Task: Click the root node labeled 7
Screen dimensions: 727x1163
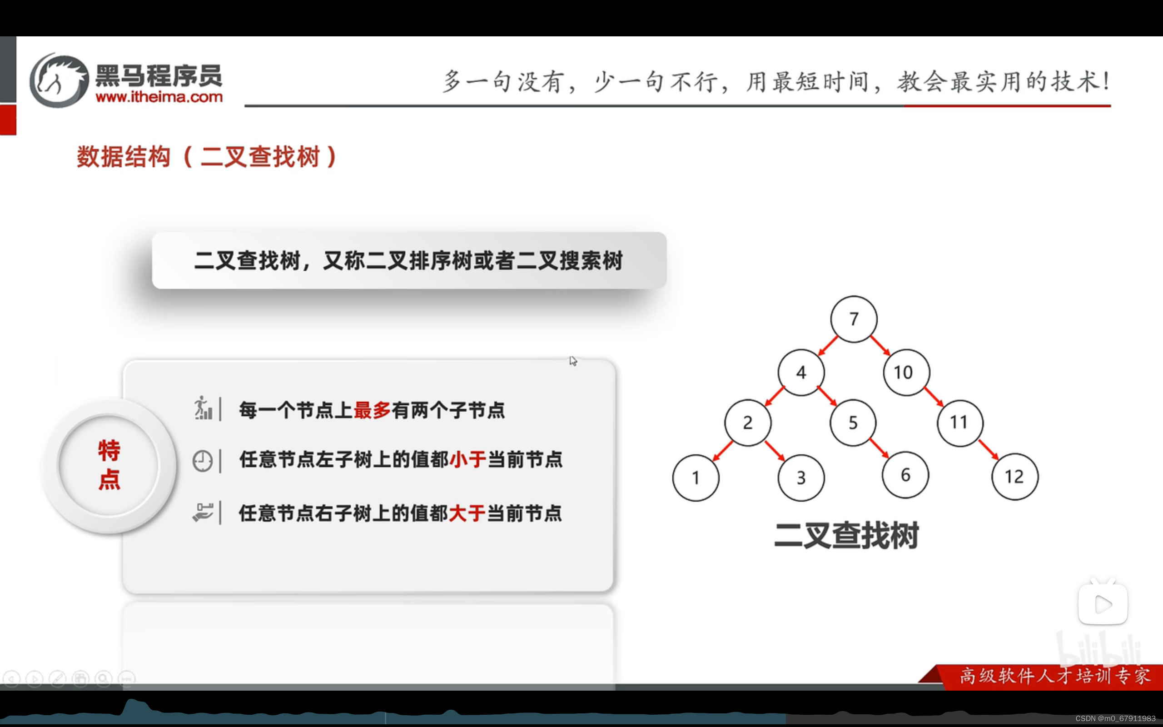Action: [x=854, y=319]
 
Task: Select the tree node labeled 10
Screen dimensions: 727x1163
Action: [x=906, y=372]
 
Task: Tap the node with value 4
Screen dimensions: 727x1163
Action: [x=800, y=372]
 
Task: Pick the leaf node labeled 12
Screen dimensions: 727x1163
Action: [x=1014, y=477]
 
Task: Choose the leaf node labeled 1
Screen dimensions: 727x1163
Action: [x=696, y=478]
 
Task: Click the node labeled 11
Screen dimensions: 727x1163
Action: [x=960, y=423]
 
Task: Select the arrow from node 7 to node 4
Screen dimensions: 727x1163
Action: [x=828, y=346]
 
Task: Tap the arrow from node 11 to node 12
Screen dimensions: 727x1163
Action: [x=988, y=449]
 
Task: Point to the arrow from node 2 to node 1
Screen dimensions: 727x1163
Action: [x=722, y=451]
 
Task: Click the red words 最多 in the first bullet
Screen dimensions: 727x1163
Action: [x=372, y=410]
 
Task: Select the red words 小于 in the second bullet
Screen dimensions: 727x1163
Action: [x=468, y=460]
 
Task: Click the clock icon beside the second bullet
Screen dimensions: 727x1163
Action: [x=202, y=461]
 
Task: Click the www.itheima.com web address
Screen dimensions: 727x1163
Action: [x=159, y=97]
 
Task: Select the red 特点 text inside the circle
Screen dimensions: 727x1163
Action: [x=109, y=464]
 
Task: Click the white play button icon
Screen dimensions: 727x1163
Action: [x=1103, y=604]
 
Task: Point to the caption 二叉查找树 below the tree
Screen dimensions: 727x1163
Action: [x=846, y=535]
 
